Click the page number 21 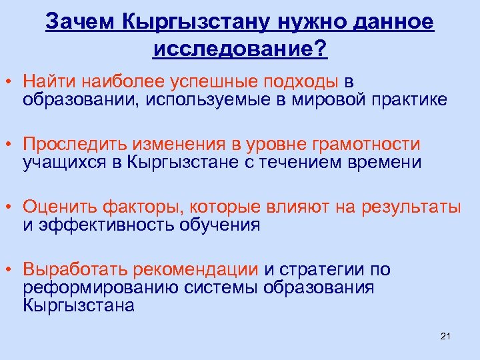coord(446,335)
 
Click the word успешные coord(221,81)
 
